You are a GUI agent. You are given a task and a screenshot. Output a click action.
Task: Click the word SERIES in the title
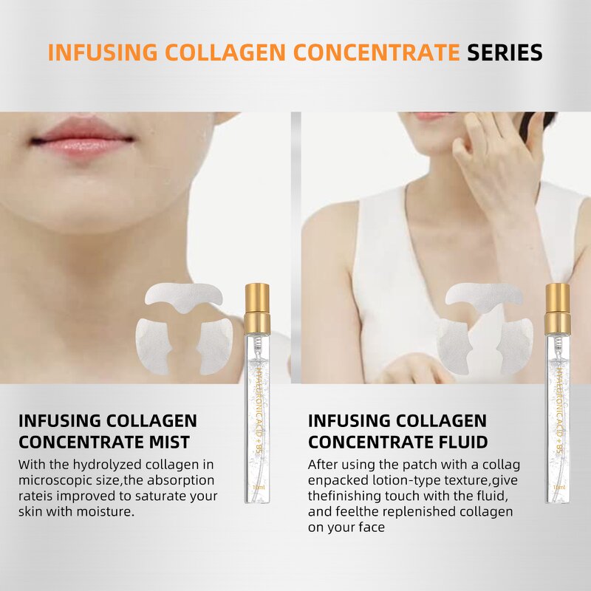(505, 53)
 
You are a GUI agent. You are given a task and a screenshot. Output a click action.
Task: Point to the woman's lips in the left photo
(82, 140)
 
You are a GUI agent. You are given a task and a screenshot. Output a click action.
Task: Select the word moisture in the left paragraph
(107, 511)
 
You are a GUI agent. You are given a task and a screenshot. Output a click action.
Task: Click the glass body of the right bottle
(557, 414)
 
